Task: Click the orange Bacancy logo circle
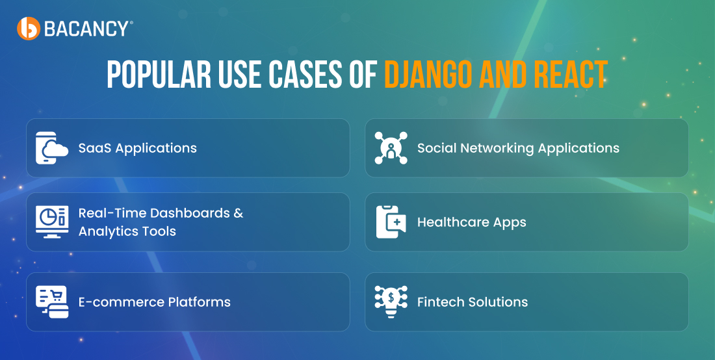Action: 28,28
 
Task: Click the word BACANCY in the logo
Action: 86,29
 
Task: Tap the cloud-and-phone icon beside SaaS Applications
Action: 52,148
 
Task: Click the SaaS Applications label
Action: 138,148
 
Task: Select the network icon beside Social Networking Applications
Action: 391,148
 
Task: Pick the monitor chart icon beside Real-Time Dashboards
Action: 52,222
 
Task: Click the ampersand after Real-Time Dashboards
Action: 239,212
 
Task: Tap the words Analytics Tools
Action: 127,231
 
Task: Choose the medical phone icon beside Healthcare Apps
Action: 391,222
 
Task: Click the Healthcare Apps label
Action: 471,222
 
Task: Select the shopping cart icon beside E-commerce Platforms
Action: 52,302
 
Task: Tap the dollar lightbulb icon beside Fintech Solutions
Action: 391,302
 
